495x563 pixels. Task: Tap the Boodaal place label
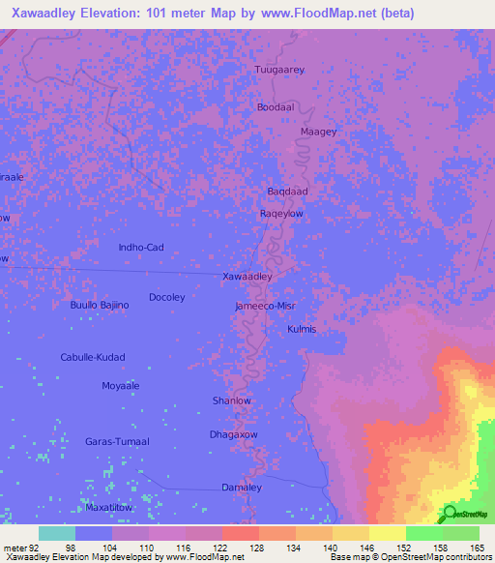pos(276,107)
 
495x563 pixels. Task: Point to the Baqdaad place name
pos(287,192)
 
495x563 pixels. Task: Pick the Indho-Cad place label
pos(141,248)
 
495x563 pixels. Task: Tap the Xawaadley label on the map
pos(247,277)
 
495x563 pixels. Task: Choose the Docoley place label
pos(166,297)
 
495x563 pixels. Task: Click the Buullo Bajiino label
pos(100,306)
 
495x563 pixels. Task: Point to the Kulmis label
pos(302,330)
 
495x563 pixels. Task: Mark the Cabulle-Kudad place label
pos(93,357)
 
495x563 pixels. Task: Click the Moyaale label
pos(121,386)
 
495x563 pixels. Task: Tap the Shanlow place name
pos(231,400)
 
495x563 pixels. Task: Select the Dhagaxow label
pos(234,434)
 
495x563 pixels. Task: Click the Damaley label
pos(242,488)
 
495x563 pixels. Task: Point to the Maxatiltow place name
pos(108,507)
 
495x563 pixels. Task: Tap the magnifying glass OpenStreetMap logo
pos(447,515)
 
